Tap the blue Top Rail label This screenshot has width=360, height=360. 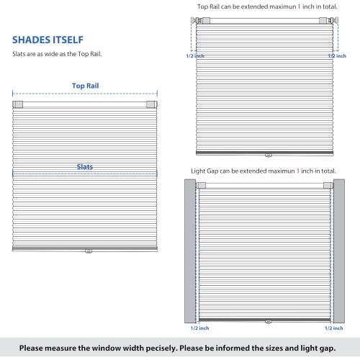coord(85,85)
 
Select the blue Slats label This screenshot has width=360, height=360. coord(85,167)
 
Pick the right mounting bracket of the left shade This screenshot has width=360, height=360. coord(151,105)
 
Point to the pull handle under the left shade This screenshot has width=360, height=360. coord(88,252)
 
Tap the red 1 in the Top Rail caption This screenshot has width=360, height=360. coord(289,7)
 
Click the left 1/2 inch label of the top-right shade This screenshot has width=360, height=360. coord(196,55)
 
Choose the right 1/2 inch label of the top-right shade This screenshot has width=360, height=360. coord(336,55)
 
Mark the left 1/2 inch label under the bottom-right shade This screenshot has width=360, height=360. coord(197,328)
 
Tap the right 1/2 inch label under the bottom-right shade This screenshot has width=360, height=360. coord(333,328)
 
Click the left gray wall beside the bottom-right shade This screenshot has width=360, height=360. coord(191,252)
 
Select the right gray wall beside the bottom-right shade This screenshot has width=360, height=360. coord(339,252)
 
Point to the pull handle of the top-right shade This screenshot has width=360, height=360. coord(267,154)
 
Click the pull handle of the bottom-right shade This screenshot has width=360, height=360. coord(266,323)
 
